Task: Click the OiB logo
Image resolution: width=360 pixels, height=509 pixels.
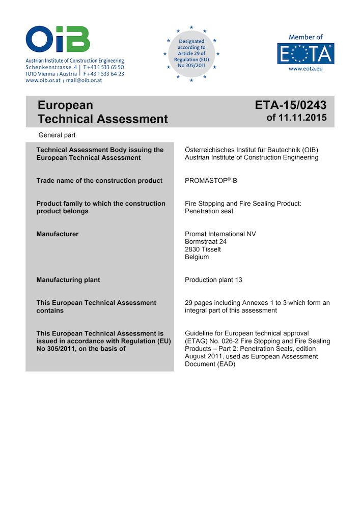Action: click(58, 40)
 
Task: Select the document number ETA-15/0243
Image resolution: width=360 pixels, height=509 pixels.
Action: click(291, 105)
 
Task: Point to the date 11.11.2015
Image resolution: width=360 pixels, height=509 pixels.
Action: click(304, 119)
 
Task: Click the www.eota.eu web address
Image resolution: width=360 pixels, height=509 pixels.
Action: click(305, 68)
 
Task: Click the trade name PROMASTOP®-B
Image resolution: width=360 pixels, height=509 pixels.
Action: click(211, 181)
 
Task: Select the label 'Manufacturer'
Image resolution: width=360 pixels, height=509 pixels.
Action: click(58, 234)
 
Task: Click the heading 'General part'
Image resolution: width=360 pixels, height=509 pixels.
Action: click(57, 135)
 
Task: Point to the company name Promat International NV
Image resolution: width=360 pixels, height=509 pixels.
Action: click(220, 234)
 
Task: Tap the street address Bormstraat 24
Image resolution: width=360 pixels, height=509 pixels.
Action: click(206, 242)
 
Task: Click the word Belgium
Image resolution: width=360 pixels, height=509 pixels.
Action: click(197, 257)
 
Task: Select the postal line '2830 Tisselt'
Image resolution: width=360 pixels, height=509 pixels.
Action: click(203, 249)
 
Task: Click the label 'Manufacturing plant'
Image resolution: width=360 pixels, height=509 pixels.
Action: click(68, 280)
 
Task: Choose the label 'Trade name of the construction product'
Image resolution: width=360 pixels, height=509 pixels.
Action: click(99, 181)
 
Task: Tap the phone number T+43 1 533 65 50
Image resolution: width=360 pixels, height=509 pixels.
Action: click(104, 67)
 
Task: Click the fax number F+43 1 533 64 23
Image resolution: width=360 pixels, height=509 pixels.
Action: click(104, 74)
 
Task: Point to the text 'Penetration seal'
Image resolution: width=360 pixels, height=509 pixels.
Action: click(209, 211)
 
